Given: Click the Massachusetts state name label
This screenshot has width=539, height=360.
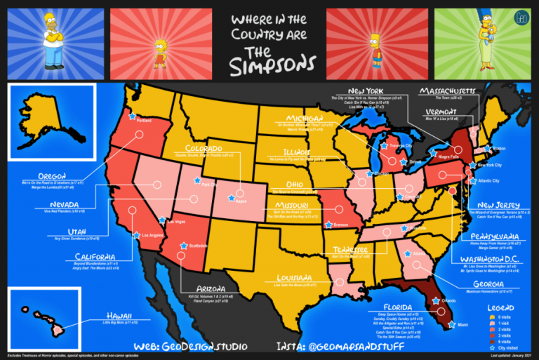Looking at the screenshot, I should [x=448, y=91].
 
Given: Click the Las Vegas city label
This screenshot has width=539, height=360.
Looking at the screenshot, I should [x=177, y=221].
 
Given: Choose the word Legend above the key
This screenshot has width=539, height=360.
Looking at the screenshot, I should [x=498, y=307].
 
